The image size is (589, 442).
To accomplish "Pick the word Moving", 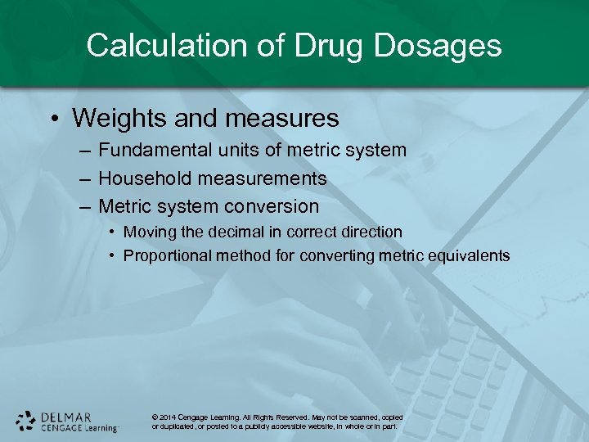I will (x=147, y=232).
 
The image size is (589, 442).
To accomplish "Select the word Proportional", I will (x=167, y=256).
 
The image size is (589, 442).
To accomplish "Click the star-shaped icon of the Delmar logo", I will (x=26, y=420).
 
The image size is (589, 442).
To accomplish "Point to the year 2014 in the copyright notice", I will (x=169, y=417).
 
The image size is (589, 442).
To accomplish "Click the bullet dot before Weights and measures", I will (x=52, y=119).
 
